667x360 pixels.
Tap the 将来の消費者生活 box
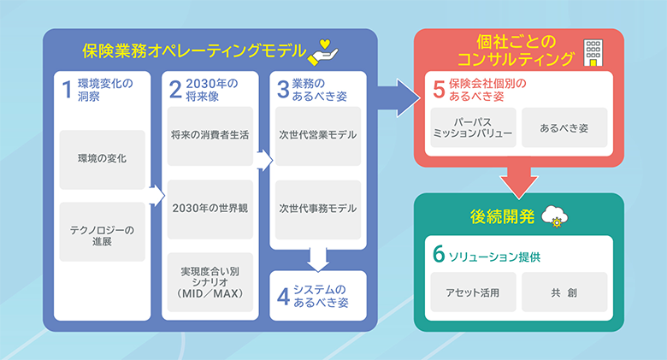[x=210, y=135]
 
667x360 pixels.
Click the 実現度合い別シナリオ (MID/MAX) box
[x=210, y=281]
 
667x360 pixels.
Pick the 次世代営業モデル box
[x=317, y=135]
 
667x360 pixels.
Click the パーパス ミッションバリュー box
[x=471, y=127]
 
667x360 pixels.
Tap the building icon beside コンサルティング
[x=592, y=52]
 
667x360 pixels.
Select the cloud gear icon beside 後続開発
[x=557, y=217]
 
